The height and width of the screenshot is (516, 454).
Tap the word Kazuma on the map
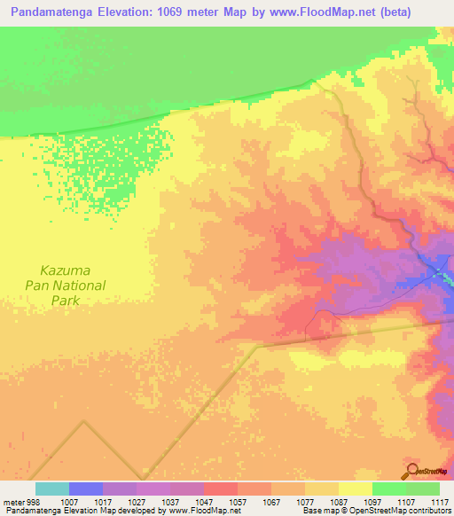tap(66, 270)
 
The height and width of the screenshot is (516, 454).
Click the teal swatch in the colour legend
tap(52, 489)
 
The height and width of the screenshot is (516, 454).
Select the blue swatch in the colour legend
tap(86, 489)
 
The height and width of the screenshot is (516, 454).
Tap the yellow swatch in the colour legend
tap(356, 489)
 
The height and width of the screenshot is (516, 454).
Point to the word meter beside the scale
tap(10, 502)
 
